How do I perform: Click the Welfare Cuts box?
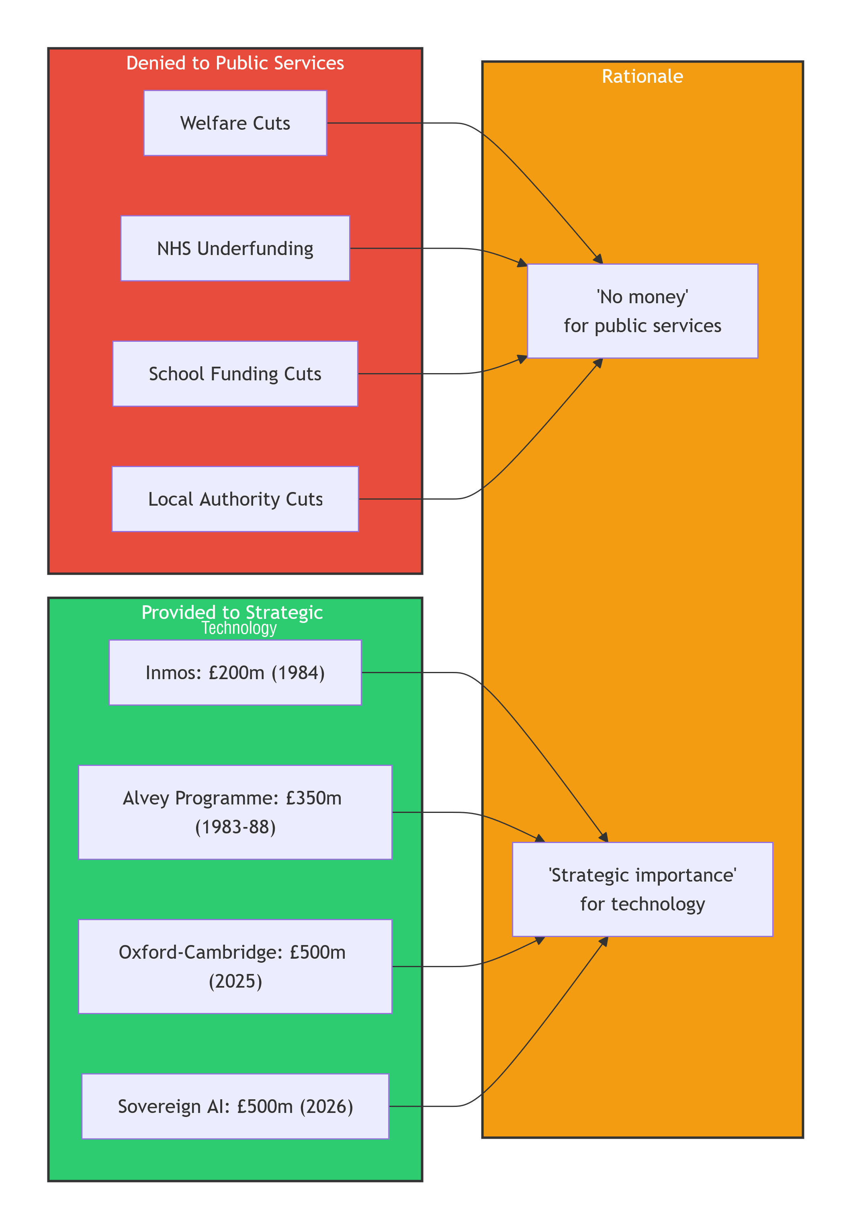pyautogui.click(x=235, y=123)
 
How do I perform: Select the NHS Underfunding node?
pyautogui.click(x=235, y=248)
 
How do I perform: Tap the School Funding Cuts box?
pyautogui.click(x=235, y=374)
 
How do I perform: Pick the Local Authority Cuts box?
pyautogui.click(x=235, y=499)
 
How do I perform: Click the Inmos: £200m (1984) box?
pyautogui.click(x=235, y=673)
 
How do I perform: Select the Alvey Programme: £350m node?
pyautogui.click(x=235, y=812)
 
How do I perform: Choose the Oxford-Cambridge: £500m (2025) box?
pyautogui.click(x=235, y=966)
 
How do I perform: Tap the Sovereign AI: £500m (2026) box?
pyautogui.click(x=235, y=1107)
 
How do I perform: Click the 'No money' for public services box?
pyautogui.click(x=642, y=311)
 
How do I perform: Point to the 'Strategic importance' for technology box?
pyautogui.click(x=642, y=890)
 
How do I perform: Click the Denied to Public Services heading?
pyautogui.click(x=235, y=63)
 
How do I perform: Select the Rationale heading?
pyautogui.click(x=642, y=76)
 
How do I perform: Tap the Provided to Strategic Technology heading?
pyautogui.click(x=233, y=620)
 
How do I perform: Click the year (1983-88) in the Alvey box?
pyautogui.click(x=235, y=827)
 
